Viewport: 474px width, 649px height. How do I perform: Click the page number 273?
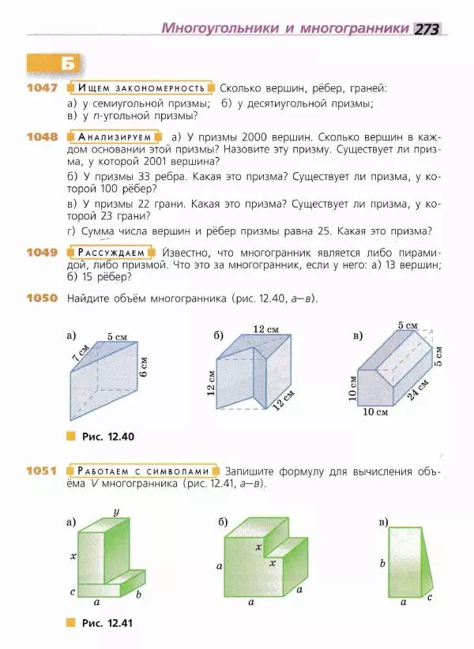427,28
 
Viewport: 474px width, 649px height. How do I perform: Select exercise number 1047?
42,88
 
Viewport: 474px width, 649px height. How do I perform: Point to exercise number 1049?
42,253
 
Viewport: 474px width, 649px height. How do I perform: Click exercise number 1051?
42,471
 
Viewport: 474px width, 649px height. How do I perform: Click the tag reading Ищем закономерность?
141,88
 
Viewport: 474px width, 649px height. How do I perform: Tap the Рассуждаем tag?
111,253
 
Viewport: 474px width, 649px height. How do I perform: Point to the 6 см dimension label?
145,369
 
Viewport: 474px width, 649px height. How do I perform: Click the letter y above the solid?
116,512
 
